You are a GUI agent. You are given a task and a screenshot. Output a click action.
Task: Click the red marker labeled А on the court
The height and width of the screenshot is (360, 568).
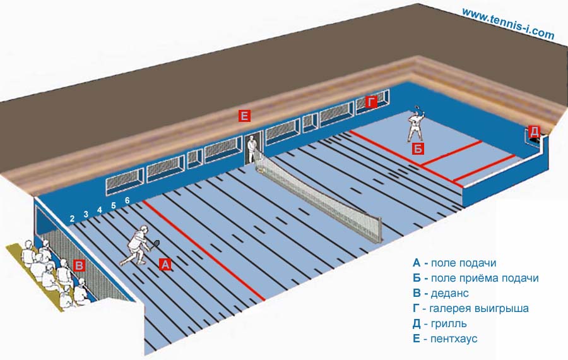pyautogui.click(x=165, y=265)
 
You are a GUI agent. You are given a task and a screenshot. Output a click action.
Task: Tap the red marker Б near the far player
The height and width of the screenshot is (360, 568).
pyautogui.click(x=418, y=149)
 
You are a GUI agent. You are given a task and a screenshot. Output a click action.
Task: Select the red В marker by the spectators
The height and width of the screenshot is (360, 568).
pyautogui.click(x=80, y=265)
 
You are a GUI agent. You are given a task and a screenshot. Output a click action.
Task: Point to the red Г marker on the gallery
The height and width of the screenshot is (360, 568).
pyautogui.click(x=370, y=102)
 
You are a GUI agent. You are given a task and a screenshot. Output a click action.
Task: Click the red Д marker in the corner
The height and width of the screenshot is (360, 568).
pyautogui.click(x=534, y=131)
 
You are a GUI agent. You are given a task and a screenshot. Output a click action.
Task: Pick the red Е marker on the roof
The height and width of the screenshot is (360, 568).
pyautogui.click(x=244, y=116)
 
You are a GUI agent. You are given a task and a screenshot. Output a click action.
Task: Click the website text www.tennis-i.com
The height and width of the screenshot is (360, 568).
pyautogui.click(x=508, y=23)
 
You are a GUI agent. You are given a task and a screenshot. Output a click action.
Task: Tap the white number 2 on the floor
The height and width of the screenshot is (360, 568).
pyautogui.click(x=72, y=219)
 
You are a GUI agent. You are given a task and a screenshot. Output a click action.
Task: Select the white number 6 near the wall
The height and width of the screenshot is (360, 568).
pyautogui.click(x=127, y=200)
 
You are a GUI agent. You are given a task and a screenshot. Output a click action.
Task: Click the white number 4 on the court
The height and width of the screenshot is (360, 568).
pyautogui.click(x=100, y=210)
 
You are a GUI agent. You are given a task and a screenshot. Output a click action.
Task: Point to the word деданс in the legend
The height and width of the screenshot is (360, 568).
pyautogui.click(x=449, y=293)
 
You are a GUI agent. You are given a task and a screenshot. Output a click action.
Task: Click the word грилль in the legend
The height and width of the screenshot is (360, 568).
pyautogui.click(x=449, y=323)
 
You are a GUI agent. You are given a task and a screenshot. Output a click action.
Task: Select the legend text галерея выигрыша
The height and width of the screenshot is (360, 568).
pyautogui.click(x=479, y=308)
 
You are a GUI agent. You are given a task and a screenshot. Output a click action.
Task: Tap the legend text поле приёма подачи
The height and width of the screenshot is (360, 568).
pyautogui.click(x=485, y=279)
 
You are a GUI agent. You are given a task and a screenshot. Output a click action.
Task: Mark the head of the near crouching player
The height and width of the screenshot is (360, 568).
pyautogui.click(x=144, y=229)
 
